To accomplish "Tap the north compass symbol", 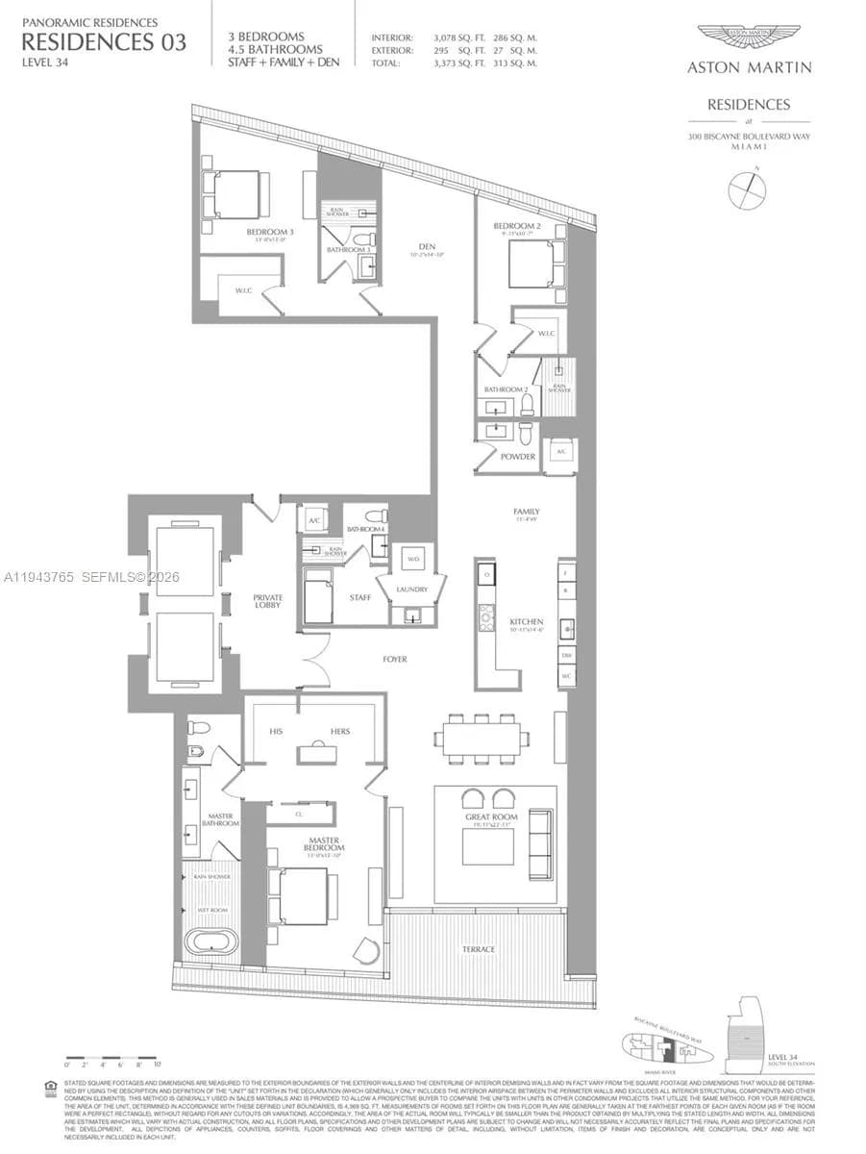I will (x=747, y=189).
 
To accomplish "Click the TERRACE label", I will (x=478, y=949).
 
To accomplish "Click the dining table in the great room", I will (x=481, y=739).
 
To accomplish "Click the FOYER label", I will (x=394, y=660).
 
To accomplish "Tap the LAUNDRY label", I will (x=410, y=589).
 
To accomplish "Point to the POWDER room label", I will (x=518, y=457).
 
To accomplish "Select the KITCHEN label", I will (x=527, y=622).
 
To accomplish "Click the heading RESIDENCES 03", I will (x=104, y=41).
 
